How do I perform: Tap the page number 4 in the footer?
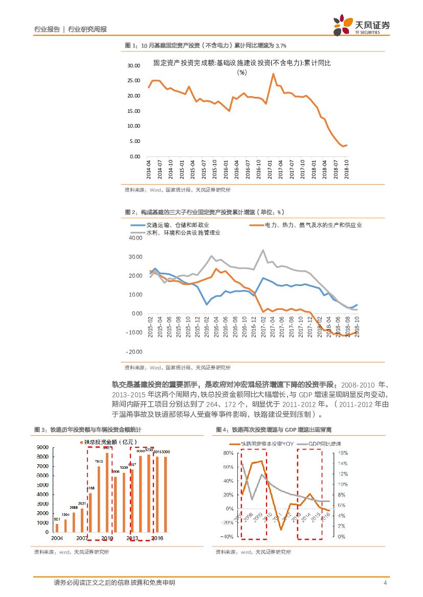coord(385,583)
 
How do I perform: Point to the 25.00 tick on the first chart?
coord(133,81)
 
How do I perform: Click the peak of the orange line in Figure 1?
coord(273,74)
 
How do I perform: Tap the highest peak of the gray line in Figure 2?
coord(263,250)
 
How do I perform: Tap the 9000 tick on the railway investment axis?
coord(42,447)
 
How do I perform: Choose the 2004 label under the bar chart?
coord(56,538)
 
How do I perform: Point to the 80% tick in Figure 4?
coord(228,453)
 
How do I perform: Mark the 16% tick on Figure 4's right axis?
coord(343,453)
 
